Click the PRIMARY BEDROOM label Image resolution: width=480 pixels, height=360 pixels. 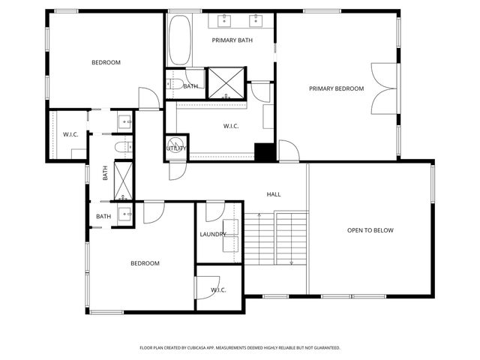(336, 88)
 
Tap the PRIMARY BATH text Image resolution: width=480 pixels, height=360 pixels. (232, 40)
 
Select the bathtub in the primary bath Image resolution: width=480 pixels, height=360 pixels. (180, 41)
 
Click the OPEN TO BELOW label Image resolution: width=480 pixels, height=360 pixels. (370, 230)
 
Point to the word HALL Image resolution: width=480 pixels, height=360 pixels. (274, 194)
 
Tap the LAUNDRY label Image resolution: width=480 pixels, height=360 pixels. (213, 234)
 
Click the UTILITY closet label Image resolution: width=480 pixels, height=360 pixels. (175, 148)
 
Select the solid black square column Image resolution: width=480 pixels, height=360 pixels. (265, 151)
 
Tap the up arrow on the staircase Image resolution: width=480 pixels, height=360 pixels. (259, 217)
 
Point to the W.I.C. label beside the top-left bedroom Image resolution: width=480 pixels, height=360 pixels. (70, 134)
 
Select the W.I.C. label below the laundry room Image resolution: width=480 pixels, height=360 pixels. (218, 289)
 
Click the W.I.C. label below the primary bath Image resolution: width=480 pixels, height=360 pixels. (230, 126)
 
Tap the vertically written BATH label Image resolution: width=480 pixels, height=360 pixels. (105, 172)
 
